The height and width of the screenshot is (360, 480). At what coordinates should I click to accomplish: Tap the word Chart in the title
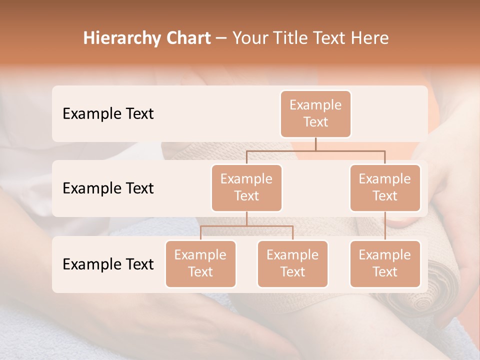point(188,38)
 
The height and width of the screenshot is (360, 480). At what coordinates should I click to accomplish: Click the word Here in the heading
point(369,38)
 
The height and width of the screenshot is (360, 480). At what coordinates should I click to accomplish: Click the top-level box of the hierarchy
point(315,114)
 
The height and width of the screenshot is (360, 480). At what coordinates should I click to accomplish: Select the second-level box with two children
point(246,188)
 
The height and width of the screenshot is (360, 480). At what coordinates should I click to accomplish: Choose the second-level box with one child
point(385,188)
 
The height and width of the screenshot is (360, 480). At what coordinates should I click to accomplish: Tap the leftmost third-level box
point(200,264)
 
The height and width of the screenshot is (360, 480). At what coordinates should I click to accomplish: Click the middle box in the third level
point(292,264)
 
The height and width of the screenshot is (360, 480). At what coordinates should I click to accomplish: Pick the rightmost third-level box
point(385,264)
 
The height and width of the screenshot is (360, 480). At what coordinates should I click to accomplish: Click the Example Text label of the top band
point(108,114)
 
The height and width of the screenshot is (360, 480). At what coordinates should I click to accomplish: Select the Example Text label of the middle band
point(108,188)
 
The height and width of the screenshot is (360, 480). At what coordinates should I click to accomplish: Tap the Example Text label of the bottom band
point(108,264)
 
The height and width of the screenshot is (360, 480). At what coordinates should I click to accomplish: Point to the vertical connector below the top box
point(315,144)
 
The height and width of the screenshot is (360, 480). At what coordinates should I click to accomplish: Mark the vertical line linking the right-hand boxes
point(385,226)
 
